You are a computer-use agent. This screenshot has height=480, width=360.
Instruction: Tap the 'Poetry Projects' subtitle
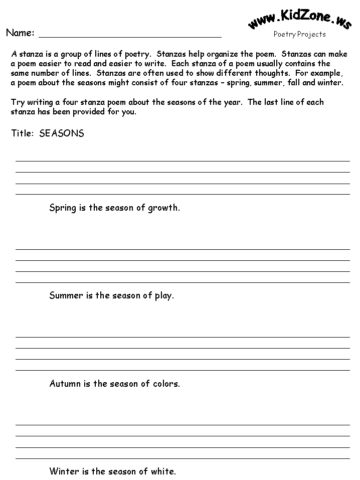[x=299, y=35]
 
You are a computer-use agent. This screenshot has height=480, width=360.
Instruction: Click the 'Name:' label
[x=20, y=33]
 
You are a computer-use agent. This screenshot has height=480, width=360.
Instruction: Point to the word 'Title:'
[x=23, y=133]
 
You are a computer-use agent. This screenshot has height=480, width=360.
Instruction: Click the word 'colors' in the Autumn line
[x=165, y=384]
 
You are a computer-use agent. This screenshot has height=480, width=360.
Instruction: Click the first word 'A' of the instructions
[x=14, y=54]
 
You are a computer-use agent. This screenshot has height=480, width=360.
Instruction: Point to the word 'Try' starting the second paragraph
[x=17, y=102]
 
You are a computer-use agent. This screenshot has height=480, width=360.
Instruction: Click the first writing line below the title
[x=183, y=161]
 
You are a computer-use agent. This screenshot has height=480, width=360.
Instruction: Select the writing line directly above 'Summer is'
[x=183, y=282]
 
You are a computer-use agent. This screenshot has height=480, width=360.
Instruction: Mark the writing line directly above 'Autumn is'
[x=183, y=370]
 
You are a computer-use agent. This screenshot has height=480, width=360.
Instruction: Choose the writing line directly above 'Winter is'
[x=183, y=458]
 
